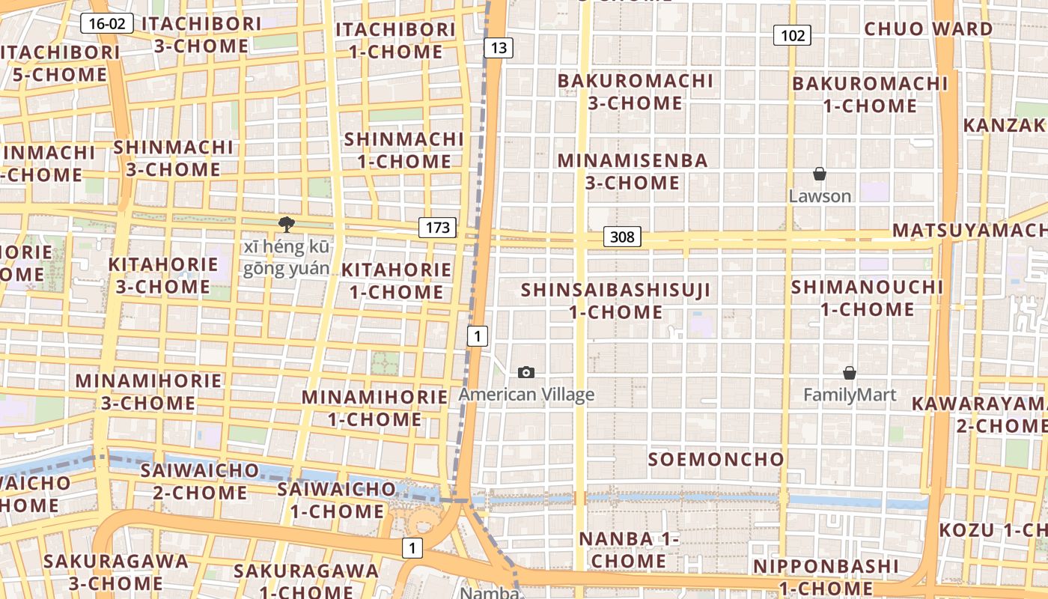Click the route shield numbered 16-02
pos(107,23)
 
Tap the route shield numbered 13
pos(499,49)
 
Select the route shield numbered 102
pos(793,35)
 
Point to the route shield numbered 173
pos(437,227)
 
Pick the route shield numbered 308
pos(622,237)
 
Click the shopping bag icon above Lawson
pos(820,174)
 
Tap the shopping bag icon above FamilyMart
pos(850,373)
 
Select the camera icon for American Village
pos(526,372)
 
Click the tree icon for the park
pos(286,223)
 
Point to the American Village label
pos(526,395)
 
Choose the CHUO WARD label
pos(928,29)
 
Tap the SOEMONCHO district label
pos(716,459)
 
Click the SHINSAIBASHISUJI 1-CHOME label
pos(615,300)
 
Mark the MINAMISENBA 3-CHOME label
pos(633,171)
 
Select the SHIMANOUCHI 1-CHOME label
pos(868,298)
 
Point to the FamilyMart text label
pos(850,395)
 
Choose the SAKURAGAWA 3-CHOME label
pos(116,571)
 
